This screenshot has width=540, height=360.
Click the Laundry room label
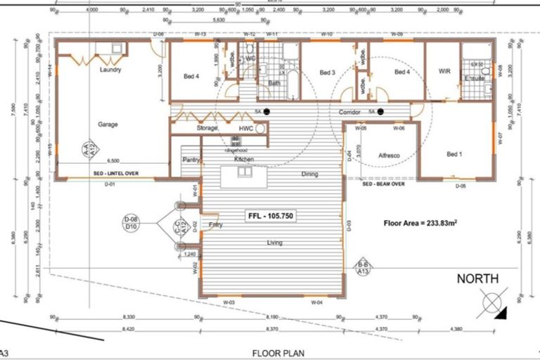pyautogui.click(x=110, y=70)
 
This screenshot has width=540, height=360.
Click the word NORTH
pyautogui.click(x=478, y=279)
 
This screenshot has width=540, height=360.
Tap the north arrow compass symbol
pyautogui.click(x=492, y=304)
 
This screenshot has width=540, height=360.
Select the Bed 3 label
pyautogui.click(x=327, y=72)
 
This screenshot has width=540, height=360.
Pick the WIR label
pyautogui.click(x=444, y=72)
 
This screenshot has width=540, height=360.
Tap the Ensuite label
pyautogui.click(x=475, y=79)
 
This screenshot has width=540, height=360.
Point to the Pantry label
pyautogui.click(x=191, y=160)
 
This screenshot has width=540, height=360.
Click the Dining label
pyautogui.click(x=309, y=174)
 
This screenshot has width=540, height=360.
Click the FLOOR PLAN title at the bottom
pyautogui.click(x=278, y=352)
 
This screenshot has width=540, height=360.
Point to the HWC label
pyautogui.click(x=245, y=128)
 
